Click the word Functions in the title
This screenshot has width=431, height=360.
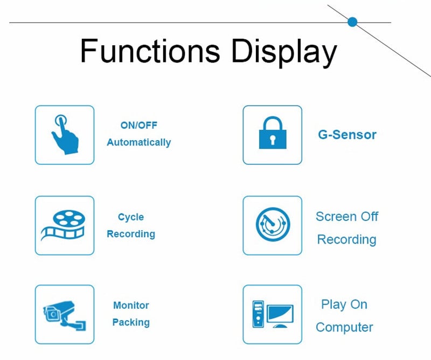point(150,52)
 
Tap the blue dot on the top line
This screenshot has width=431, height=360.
point(352,22)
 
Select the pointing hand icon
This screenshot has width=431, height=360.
point(64,135)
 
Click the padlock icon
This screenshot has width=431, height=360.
point(273,134)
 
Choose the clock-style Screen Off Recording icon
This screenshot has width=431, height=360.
point(272,225)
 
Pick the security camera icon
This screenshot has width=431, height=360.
point(64,314)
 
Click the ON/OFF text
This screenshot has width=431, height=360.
point(139,125)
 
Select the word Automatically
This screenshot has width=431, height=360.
point(138,142)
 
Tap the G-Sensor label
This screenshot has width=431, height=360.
point(347,135)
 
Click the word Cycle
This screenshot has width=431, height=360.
point(131,217)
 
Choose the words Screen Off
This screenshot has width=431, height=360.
point(347,217)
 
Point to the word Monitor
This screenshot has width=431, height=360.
point(131,306)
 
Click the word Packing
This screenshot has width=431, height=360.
point(131,323)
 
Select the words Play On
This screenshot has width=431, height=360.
point(344,304)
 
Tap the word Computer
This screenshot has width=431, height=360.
point(344,327)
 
